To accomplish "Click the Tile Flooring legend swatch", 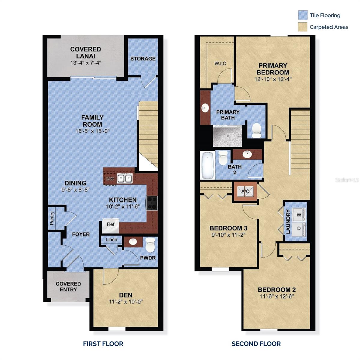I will [303, 15].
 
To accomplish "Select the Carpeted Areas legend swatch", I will [303, 27].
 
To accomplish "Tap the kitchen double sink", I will [124, 178].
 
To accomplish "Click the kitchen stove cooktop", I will [151, 203].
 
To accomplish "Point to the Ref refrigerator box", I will [111, 224].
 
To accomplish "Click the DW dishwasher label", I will [110, 179].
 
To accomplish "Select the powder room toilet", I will [150, 245].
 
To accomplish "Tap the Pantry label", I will [52, 218].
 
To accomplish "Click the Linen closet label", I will [111, 239].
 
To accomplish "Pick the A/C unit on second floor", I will [245, 191].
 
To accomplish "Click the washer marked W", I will [299, 215].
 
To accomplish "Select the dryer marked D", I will [299, 228].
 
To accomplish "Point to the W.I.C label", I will [220, 63].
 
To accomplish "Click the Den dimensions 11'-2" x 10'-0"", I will [126, 302].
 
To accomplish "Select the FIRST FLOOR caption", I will [103, 344].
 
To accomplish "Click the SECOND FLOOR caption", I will [256, 344].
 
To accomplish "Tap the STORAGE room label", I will [143, 58].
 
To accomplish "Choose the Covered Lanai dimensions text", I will [85, 63].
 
